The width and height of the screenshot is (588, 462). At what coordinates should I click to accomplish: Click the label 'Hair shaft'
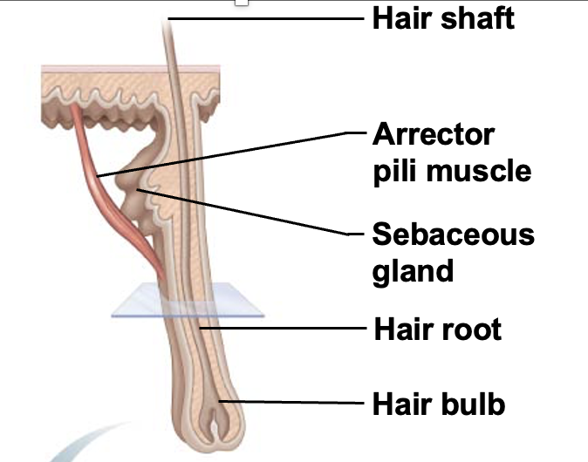tap(443, 17)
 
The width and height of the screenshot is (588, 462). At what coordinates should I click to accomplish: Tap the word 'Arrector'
tap(433, 135)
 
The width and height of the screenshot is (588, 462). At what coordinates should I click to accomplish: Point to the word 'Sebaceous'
tap(453, 234)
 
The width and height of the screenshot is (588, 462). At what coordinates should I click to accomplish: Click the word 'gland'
tap(413, 269)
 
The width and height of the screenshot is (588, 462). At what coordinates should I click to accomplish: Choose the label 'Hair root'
tap(437, 330)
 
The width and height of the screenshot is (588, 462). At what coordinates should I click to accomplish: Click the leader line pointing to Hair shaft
tap(262, 17)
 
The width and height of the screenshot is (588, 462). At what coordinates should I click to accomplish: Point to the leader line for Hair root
tap(279, 329)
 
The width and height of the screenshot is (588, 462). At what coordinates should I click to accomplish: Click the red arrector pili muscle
tap(113, 192)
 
